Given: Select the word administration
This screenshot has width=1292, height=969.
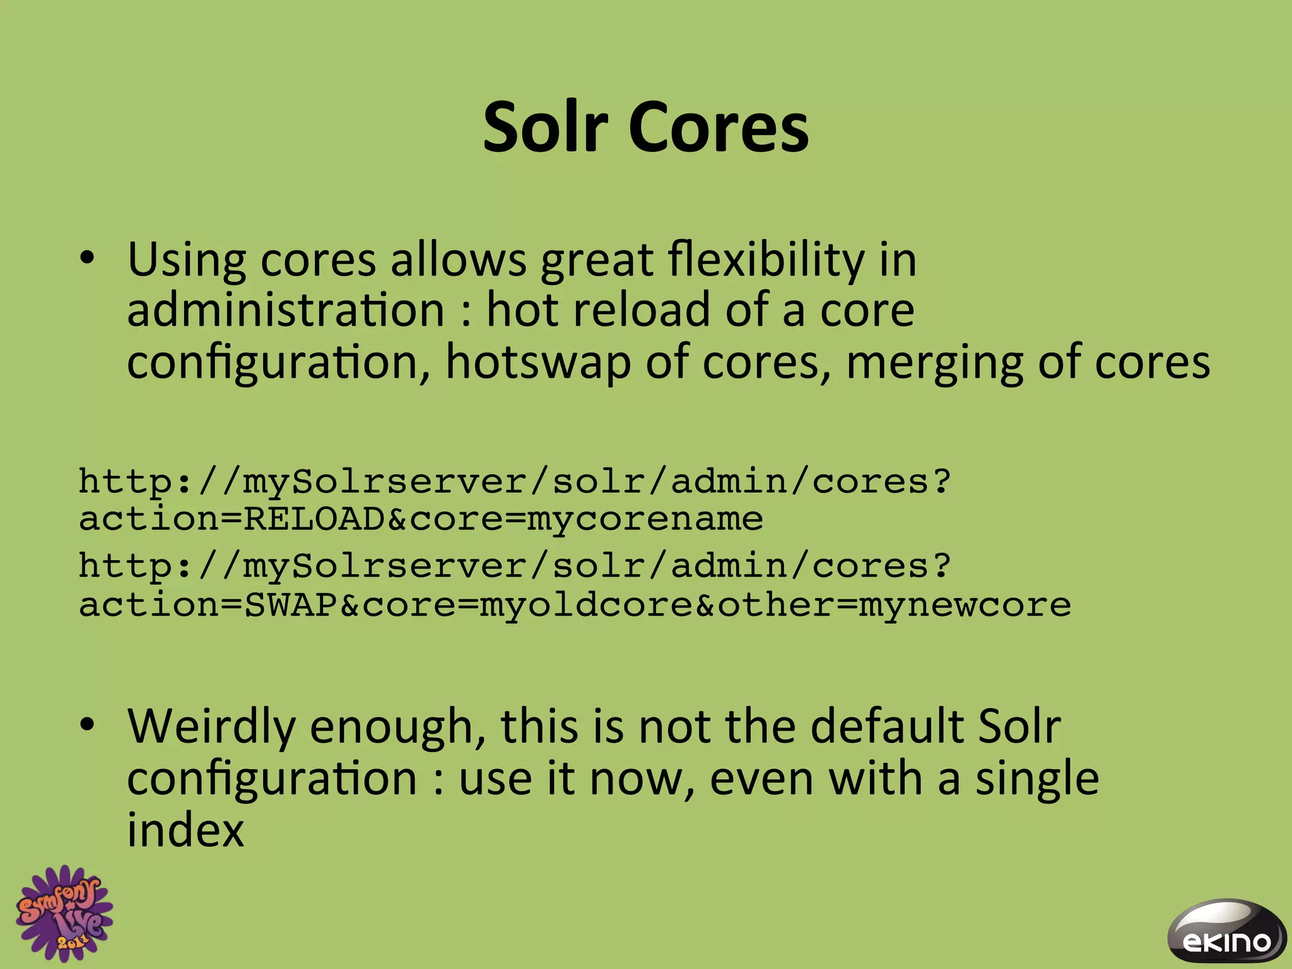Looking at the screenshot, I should (x=286, y=310).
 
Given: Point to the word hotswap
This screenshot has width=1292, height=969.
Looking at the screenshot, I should (x=538, y=363).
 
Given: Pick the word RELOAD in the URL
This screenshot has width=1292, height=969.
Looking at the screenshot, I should (x=314, y=519).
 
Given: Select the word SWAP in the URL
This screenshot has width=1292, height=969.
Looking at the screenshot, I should (x=291, y=604).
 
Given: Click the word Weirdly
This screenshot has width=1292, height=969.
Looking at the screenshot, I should (x=211, y=727).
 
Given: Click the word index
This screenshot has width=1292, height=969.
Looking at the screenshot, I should (x=185, y=830).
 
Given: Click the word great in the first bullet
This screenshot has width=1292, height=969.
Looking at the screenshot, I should (x=597, y=261).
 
